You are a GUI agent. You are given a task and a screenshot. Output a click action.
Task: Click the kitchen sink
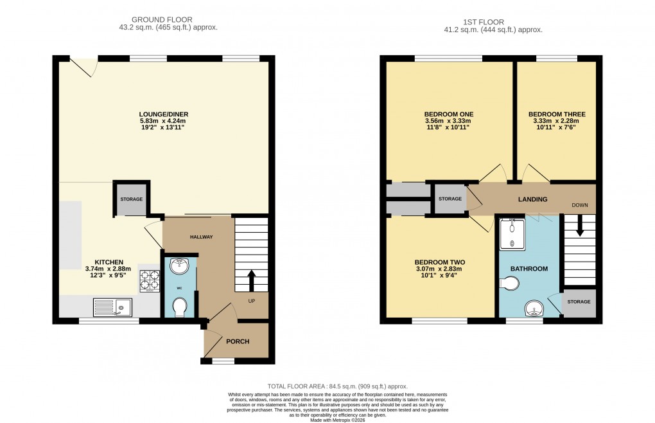(x=112, y=308)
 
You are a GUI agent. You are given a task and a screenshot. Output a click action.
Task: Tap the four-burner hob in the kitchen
(x=150, y=280)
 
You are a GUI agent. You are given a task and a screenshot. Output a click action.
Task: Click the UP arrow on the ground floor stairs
(x=251, y=280)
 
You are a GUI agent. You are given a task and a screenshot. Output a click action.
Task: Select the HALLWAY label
(x=200, y=237)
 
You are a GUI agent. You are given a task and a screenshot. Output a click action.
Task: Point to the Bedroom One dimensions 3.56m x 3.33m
(x=448, y=121)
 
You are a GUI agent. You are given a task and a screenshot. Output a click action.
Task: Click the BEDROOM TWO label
(x=439, y=262)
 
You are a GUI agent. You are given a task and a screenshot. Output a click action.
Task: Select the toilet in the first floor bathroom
(x=511, y=283)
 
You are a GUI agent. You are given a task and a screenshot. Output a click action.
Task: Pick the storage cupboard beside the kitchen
(x=132, y=199)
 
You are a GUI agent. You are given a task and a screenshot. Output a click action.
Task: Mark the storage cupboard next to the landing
(x=450, y=199)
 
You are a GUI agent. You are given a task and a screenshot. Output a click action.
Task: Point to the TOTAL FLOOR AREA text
(x=327, y=386)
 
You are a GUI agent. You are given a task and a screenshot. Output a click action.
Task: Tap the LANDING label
(x=532, y=199)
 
